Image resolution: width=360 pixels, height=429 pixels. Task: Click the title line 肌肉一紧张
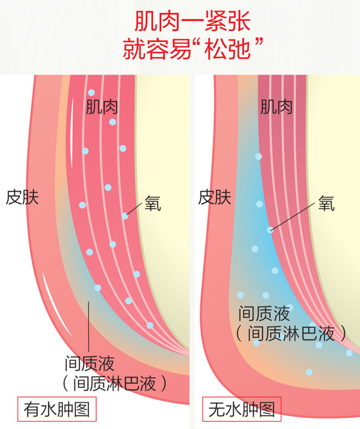(x=192, y=22)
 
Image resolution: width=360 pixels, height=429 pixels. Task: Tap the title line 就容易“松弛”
(x=192, y=49)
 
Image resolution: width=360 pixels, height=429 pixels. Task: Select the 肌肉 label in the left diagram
(x=102, y=107)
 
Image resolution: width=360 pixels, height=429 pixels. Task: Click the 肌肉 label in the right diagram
(x=276, y=107)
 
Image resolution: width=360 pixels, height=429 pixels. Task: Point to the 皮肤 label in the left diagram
(x=22, y=197)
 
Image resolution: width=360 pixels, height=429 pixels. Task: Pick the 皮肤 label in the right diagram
(x=215, y=197)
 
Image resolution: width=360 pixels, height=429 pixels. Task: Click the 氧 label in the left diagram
(x=153, y=203)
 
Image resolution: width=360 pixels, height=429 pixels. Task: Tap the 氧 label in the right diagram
(x=327, y=203)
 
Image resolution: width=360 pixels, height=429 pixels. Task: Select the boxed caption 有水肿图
(x=57, y=409)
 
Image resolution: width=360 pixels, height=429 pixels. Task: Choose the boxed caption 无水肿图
(x=242, y=409)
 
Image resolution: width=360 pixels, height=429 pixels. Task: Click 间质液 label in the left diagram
(x=90, y=364)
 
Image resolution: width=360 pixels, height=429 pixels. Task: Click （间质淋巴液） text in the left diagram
(x=115, y=383)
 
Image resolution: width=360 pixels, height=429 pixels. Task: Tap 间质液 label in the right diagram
(x=264, y=313)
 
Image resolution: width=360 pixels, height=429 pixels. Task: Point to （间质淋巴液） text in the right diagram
(x=291, y=334)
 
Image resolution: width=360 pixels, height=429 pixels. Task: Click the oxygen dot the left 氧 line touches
(x=125, y=216)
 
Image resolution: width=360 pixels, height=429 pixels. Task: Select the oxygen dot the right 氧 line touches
(x=270, y=230)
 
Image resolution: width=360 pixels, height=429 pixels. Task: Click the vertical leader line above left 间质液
(x=88, y=326)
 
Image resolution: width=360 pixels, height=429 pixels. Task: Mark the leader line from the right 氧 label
(x=293, y=216)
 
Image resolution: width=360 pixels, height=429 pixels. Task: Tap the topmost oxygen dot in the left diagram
(x=92, y=92)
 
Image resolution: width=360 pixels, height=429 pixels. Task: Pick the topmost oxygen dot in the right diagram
(x=259, y=156)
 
